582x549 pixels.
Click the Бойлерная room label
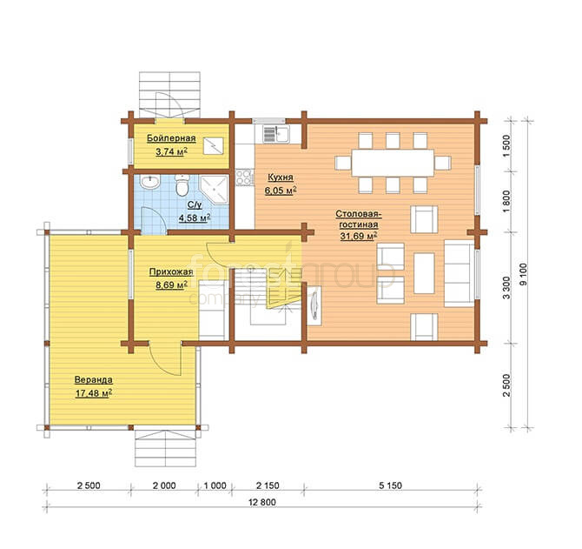tap(171, 138)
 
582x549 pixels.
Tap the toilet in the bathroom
tap(182, 185)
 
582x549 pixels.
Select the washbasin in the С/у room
tap(150, 182)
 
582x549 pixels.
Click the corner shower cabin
tap(214, 190)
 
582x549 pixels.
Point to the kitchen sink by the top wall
tap(277, 134)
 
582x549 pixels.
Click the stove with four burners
tap(245, 177)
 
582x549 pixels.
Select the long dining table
tap(393, 163)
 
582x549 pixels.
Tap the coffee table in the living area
tap(424, 273)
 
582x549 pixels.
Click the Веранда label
tap(94, 380)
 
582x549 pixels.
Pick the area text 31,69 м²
tap(359, 236)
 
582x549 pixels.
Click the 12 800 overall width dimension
tap(262, 502)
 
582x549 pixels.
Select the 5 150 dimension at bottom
tap(391, 485)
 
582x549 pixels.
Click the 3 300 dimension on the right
tap(507, 287)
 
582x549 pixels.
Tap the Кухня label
tap(281, 177)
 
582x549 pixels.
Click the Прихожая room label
tap(171, 271)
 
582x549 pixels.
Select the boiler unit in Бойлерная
tap(214, 145)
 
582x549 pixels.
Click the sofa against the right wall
tap(460, 273)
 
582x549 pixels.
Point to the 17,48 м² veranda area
tap(94, 393)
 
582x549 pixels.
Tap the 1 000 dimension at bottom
tap(215, 485)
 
